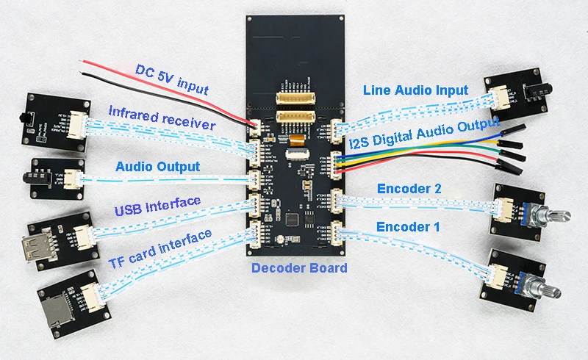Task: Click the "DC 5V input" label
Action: (x=172, y=79)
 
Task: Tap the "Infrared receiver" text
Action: (x=162, y=118)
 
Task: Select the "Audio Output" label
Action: (x=157, y=167)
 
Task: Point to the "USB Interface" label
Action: (x=157, y=206)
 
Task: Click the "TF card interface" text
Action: (x=160, y=249)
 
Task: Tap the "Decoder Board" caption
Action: (x=299, y=267)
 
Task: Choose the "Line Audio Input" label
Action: (x=415, y=90)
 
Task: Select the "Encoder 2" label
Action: (x=409, y=188)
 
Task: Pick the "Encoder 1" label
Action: (x=408, y=226)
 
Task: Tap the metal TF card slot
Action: (x=57, y=309)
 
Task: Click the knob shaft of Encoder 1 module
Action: (x=545, y=289)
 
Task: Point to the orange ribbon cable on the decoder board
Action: (x=295, y=140)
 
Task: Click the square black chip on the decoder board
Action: (x=292, y=220)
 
